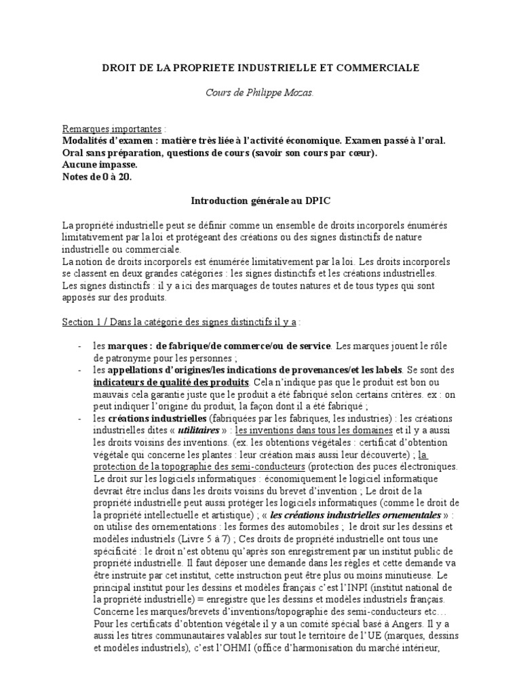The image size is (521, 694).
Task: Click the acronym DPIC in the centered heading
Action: click(319, 201)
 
